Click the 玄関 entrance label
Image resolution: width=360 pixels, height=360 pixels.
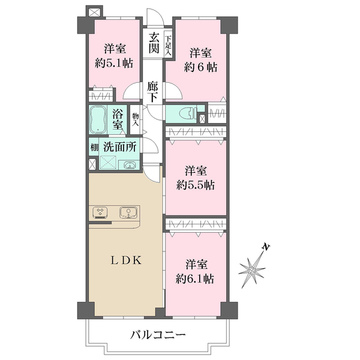[x=154, y=43]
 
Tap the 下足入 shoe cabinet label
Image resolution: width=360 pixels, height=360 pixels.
[x=168, y=45]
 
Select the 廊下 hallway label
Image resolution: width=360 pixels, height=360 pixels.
[x=152, y=92]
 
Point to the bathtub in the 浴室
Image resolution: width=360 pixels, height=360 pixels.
[x=97, y=119]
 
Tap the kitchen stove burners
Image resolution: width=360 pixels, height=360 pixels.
[x=100, y=212]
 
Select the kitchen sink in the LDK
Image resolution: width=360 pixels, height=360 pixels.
[x=128, y=212]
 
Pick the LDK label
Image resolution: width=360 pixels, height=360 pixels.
[x=126, y=260]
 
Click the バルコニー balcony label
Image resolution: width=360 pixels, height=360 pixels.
[x=158, y=335]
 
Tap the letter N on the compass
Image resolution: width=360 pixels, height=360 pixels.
[x=266, y=247]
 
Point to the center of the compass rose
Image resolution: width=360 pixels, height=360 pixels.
[x=251, y=271]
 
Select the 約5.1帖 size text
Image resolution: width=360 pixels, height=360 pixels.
[x=115, y=63]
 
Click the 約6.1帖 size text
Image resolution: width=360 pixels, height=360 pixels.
[x=195, y=279]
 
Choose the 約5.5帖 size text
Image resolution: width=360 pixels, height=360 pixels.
[x=196, y=185]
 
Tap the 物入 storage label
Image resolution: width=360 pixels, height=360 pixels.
[x=135, y=119]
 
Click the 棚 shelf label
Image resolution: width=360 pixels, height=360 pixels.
[x=94, y=147]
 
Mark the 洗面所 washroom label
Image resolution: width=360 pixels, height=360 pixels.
[x=119, y=147]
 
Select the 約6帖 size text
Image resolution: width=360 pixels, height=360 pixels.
[x=200, y=67]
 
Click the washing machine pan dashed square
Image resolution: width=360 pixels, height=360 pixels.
[x=108, y=163]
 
